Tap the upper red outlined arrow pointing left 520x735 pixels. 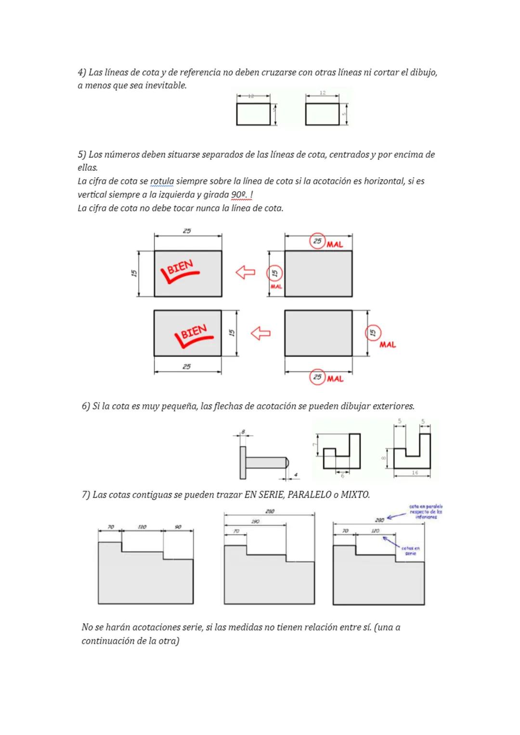coord(245,272)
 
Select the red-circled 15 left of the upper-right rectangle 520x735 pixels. coord(274,273)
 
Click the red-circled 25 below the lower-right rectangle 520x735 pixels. coord(317,377)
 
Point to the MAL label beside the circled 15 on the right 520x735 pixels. coord(388,345)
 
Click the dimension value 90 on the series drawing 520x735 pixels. coord(178,527)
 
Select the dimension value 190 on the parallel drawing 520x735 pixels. coord(255,521)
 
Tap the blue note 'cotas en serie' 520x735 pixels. coord(410,551)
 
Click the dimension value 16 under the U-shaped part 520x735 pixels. coord(415,473)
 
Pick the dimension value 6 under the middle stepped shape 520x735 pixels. coord(342,475)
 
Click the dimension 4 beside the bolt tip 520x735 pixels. coord(296,475)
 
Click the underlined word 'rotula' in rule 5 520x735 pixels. coord(162,181)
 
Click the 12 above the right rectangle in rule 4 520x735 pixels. coord(323,92)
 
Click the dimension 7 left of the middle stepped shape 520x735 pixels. coord(314,445)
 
